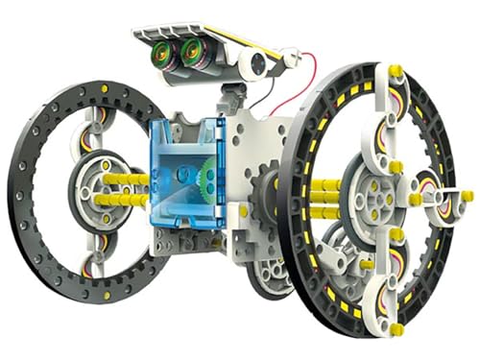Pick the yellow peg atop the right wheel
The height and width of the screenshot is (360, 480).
[395, 72]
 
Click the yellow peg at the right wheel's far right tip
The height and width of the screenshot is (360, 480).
[467, 196]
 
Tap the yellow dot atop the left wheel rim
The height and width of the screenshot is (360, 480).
[104, 89]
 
